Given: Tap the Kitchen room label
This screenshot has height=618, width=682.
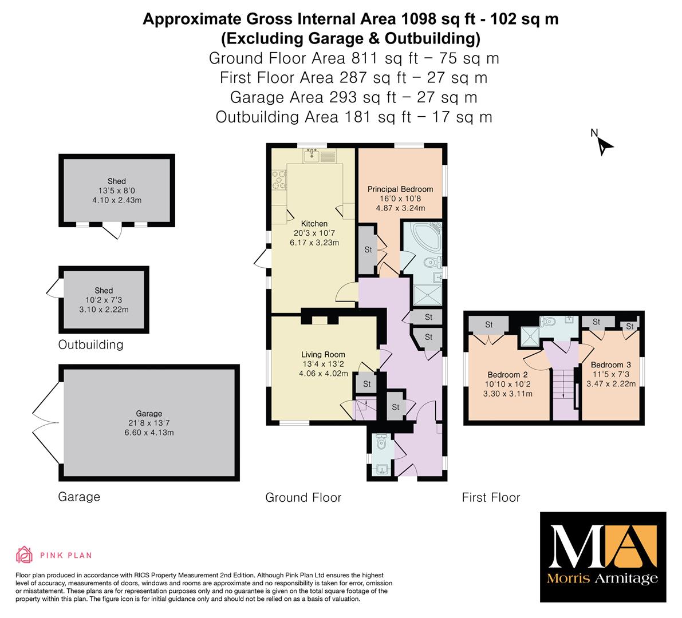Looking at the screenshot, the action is pos(314,223).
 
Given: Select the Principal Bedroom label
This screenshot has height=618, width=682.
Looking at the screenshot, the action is pos(400,189).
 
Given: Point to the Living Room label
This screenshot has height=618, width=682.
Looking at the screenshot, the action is pos(323,355).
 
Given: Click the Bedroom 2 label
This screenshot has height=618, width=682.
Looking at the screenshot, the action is pos(507,375).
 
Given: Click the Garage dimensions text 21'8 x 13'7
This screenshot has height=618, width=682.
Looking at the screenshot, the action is pos(149,423).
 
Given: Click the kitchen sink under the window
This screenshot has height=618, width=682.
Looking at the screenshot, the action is pos(312,155).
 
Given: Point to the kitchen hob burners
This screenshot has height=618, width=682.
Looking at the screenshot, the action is pos(279,180).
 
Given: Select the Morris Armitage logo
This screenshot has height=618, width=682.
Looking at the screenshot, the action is pos(603,557).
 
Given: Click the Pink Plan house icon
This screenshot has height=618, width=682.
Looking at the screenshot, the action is pos(25,554).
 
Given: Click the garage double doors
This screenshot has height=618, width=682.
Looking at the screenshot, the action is pos(46,423).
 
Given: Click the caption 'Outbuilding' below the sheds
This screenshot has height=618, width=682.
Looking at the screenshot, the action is pos(91,344).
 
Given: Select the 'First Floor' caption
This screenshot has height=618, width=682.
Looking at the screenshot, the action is pos(491,497).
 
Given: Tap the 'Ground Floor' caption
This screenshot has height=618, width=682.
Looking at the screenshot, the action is pos(303,497).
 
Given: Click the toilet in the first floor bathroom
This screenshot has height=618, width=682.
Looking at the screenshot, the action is pos(548,322).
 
